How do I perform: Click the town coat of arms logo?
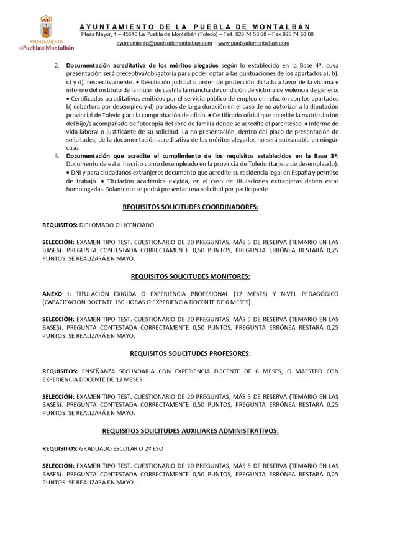46,27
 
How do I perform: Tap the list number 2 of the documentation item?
57,65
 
